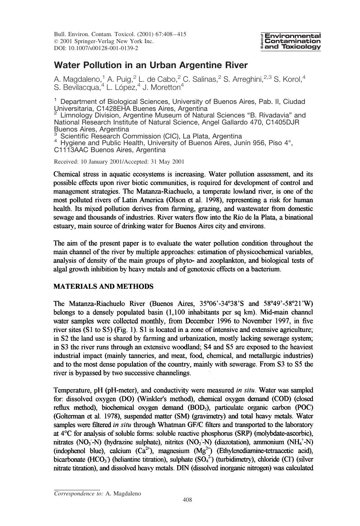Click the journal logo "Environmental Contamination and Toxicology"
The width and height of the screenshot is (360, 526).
(x=290, y=41)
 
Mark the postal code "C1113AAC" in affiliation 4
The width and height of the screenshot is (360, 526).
(x=71, y=150)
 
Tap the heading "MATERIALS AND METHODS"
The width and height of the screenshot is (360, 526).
(x=103, y=286)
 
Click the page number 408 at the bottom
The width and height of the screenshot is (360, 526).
(x=187, y=500)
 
